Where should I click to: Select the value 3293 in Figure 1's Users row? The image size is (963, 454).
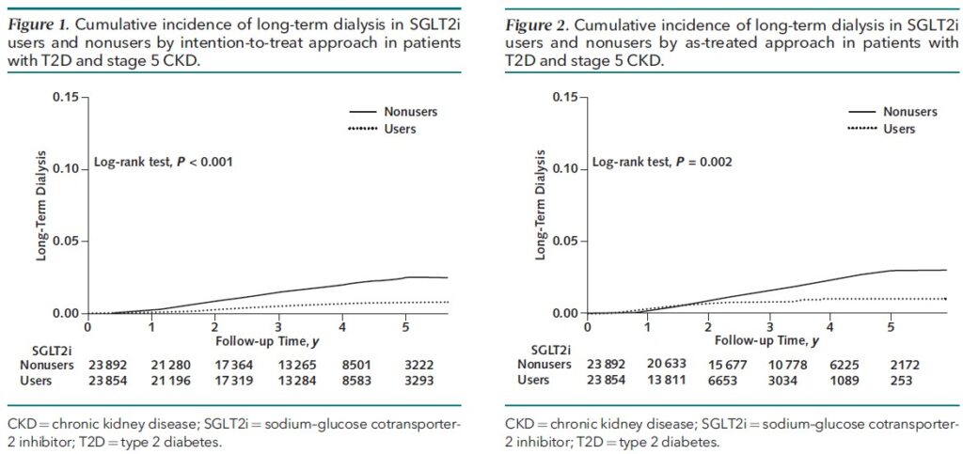tap(406, 381)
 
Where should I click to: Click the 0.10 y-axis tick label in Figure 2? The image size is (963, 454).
tap(565, 169)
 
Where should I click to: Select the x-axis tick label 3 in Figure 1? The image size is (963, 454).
tap(278, 327)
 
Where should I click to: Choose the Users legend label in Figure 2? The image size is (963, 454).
tap(900, 129)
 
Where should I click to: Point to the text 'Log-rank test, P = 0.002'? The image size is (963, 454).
tap(661, 163)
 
